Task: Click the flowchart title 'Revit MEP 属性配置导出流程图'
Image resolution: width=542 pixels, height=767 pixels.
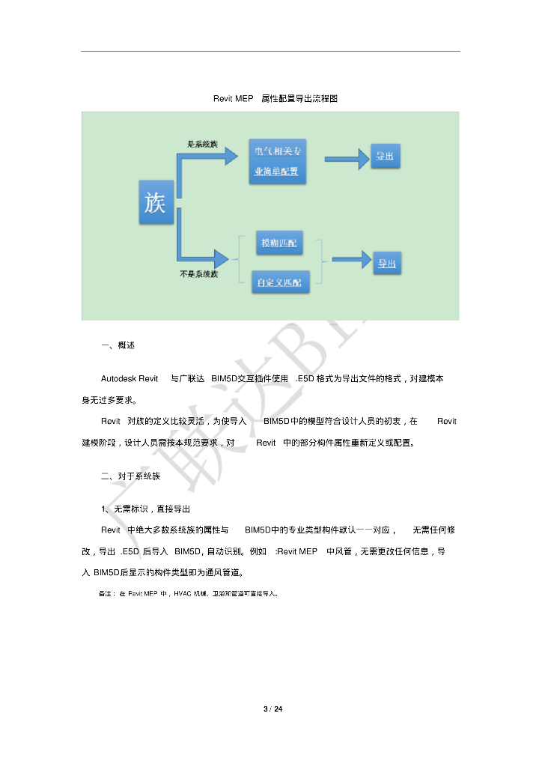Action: pos(275,99)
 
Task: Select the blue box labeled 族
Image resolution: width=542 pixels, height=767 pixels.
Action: pos(156,201)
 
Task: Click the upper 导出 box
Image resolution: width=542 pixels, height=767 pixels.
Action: pos(385,157)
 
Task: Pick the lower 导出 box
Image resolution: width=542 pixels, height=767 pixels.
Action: pos(386,264)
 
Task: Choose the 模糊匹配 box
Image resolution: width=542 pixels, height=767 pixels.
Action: pos(278,243)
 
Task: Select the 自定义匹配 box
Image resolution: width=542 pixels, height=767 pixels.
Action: pos(278,282)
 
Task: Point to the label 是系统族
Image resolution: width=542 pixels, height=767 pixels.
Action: pos(201,143)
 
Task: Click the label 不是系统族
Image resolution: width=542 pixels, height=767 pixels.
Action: pos(199,275)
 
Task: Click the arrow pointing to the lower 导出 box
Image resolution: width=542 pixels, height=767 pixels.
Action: pos(351,260)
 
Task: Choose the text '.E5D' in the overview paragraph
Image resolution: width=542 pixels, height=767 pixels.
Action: pos(307,379)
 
